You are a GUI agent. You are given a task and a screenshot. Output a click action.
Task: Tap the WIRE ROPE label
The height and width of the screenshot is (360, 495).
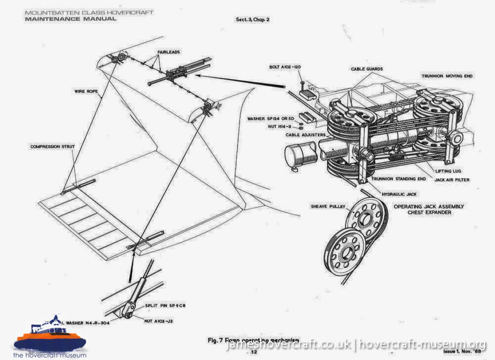click(87, 91)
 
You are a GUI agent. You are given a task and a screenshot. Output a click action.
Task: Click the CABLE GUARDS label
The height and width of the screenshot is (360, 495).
click(367, 69)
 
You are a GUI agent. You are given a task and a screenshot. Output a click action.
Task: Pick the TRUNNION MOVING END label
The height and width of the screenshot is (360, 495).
click(447, 76)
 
